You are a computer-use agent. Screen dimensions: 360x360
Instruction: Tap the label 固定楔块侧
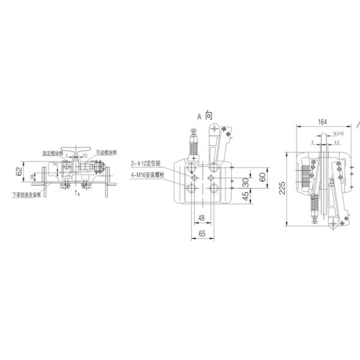tap(53, 153)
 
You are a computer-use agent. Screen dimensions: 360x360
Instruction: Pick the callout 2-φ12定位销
tap(146, 163)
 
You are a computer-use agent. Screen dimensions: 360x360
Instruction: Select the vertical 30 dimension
tap(245, 182)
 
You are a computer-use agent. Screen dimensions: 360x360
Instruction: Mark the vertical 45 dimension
tap(245, 196)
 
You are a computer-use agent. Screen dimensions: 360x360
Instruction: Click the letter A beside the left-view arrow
tap(79, 195)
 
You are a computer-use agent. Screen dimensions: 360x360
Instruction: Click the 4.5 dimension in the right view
tap(337, 143)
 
